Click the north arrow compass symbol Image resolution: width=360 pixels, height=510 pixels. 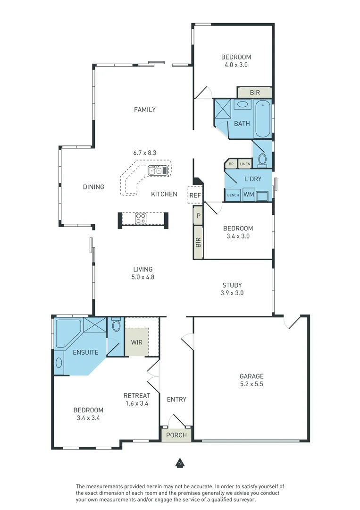[x=180, y=463]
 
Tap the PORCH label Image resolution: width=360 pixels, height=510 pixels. [x=176, y=435]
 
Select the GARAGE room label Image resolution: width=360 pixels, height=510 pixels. [x=251, y=376]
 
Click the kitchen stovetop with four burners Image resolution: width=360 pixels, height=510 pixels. [x=140, y=218]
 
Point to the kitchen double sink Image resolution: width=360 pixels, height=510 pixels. [x=158, y=170]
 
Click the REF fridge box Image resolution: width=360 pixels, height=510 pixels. [x=195, y=195]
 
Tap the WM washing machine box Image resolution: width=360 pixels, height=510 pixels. [x=249, y=195]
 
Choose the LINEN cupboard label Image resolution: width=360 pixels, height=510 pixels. [x=245, y=164]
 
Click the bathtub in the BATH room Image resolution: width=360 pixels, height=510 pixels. [x=262, y=119]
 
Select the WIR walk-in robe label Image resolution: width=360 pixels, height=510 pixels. [x=137, y=342]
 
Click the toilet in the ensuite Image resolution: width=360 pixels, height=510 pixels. [x=116, y=324]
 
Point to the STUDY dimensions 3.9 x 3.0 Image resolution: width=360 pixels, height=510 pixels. [x=232, y=293]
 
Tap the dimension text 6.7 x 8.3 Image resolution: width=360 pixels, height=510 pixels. [x=144, y=153]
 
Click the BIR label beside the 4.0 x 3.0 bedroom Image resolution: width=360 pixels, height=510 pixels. [x=255, y=93]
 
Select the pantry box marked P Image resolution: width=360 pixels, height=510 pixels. [x=198, y=215]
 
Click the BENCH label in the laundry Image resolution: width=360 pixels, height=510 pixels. [x=233, y=195]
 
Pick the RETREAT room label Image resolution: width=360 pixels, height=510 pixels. [x=137, y=396]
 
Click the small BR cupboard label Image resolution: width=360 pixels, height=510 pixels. [x=231, y=164]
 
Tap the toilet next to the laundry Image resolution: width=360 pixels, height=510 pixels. [x=262, y=160]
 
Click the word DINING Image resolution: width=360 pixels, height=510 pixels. [x=93, y=187]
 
